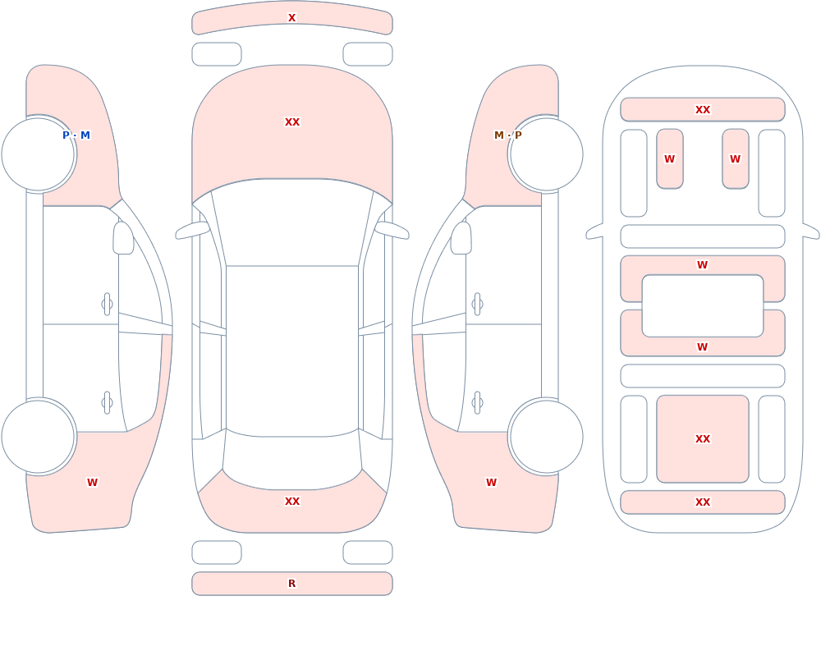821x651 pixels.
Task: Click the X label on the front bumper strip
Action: pos(292,18)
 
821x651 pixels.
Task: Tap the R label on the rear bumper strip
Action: pos(292,584)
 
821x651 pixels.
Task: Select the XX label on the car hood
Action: pos(292,122)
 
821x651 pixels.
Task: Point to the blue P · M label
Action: pos(76,135)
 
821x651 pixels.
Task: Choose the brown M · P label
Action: pos(508,135)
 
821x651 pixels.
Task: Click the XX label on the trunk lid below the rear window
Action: pos(292,502)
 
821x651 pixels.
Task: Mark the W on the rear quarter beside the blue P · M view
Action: pos(92,483)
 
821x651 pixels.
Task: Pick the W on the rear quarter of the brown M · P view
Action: pos(491,483)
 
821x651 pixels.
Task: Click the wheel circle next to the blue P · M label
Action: pos(39,154)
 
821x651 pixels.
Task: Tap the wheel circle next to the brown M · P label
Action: pos(546,154)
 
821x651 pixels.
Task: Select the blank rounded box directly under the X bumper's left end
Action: pos(217,54)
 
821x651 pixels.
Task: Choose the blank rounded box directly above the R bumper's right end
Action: pos(368,552)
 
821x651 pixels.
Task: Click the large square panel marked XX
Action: pos(703,439)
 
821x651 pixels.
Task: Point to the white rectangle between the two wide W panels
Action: pos(703,306)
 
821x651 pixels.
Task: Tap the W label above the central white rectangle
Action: pos(703,265)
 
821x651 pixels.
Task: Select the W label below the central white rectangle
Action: pos(703,346)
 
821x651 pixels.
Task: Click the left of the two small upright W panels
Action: pos(670,158)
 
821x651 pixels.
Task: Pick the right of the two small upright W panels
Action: pos(736,158)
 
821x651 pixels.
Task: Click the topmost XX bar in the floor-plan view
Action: pos(703,109)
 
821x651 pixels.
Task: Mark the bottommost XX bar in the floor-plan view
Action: pos(703,502)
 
